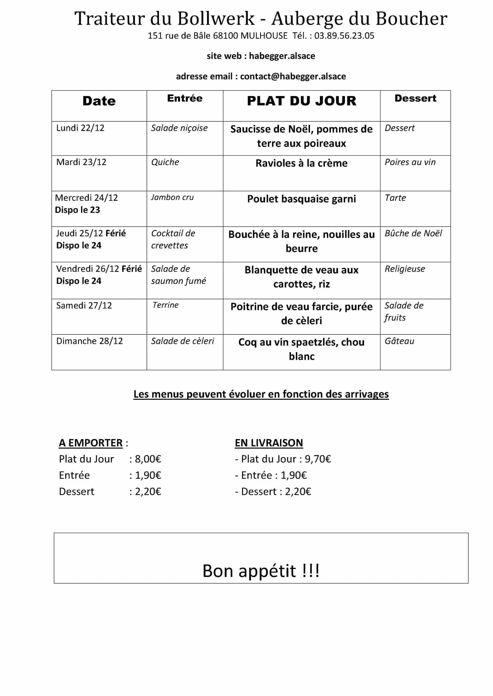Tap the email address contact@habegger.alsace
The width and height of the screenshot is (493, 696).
pos(293,76)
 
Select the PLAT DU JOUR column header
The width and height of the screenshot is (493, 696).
pos(301,101)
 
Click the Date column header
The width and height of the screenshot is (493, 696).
pos(99,101)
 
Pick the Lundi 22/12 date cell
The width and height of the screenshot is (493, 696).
pos(80,128)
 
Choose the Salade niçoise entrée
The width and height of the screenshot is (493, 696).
pos(179,128)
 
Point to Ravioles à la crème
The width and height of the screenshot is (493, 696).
pos(301,163)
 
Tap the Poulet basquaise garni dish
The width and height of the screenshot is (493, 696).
pos(301,199)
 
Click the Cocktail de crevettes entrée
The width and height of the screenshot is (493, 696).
pos(173,239)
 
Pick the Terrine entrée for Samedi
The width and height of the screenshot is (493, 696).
pos(166,305)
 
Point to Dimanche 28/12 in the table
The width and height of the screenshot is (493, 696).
pos(90,341)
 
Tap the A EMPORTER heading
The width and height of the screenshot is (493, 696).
pos(91,443)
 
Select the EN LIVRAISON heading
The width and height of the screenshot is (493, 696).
pos(269,443)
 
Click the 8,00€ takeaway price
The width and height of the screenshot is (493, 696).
pos(148,459)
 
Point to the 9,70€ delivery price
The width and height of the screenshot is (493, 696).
pos(318,459)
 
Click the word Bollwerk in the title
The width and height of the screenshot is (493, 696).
pos(216,18)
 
